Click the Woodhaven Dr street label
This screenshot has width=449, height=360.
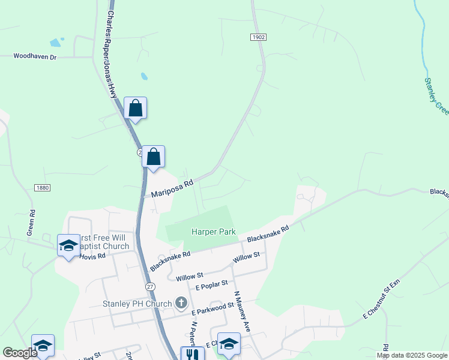(x=35, y=56)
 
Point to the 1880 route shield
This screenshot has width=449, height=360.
(x=42, y=188)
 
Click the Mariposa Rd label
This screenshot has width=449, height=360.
(x=172, y=189)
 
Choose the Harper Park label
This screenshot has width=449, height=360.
(x=213, y=232)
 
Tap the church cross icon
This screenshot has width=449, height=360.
(x=181, y=303)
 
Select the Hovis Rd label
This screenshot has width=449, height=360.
(x=93, y=256)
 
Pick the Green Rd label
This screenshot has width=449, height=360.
(x=32, y=221)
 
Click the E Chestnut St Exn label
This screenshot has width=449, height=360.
(x=381, y=299)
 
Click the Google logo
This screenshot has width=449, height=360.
(x=19, y=353)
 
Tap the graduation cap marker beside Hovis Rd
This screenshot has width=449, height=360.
(x=68, y=245)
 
